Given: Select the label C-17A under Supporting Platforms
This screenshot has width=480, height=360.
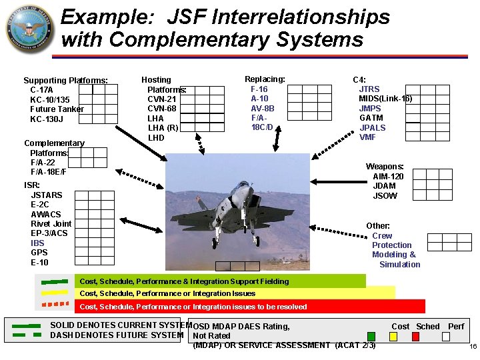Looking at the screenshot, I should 42,90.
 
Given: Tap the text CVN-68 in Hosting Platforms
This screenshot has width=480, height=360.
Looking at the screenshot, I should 161,109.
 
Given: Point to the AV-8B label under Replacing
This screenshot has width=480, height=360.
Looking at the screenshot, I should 262,108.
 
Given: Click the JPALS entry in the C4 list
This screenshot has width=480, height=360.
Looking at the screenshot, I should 372,127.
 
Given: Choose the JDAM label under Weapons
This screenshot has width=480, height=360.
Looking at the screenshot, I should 384,186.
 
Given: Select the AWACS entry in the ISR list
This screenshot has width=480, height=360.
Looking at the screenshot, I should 45,214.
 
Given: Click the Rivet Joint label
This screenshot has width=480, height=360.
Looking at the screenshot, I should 51,224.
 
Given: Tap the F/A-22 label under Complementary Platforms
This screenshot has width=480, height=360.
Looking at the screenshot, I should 43,162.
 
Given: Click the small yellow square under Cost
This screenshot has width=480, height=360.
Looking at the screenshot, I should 393,337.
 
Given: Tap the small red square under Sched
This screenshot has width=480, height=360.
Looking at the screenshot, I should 415,337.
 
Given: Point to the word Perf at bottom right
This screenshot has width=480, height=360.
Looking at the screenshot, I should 456,327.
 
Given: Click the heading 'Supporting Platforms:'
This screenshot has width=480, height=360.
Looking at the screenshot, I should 65,80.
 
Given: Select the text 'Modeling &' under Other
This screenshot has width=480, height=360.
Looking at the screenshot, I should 393,255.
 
